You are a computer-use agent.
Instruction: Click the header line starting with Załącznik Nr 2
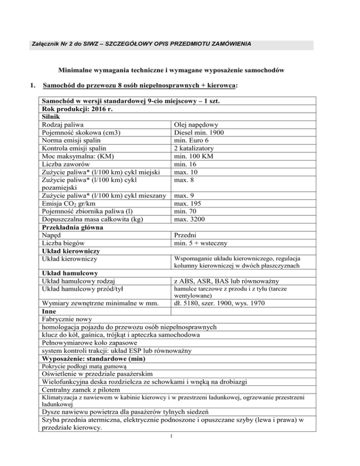pyautogui.click(x=139, y=44)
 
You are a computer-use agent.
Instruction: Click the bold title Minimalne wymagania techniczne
pyautogui.click(x=172, y=70)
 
